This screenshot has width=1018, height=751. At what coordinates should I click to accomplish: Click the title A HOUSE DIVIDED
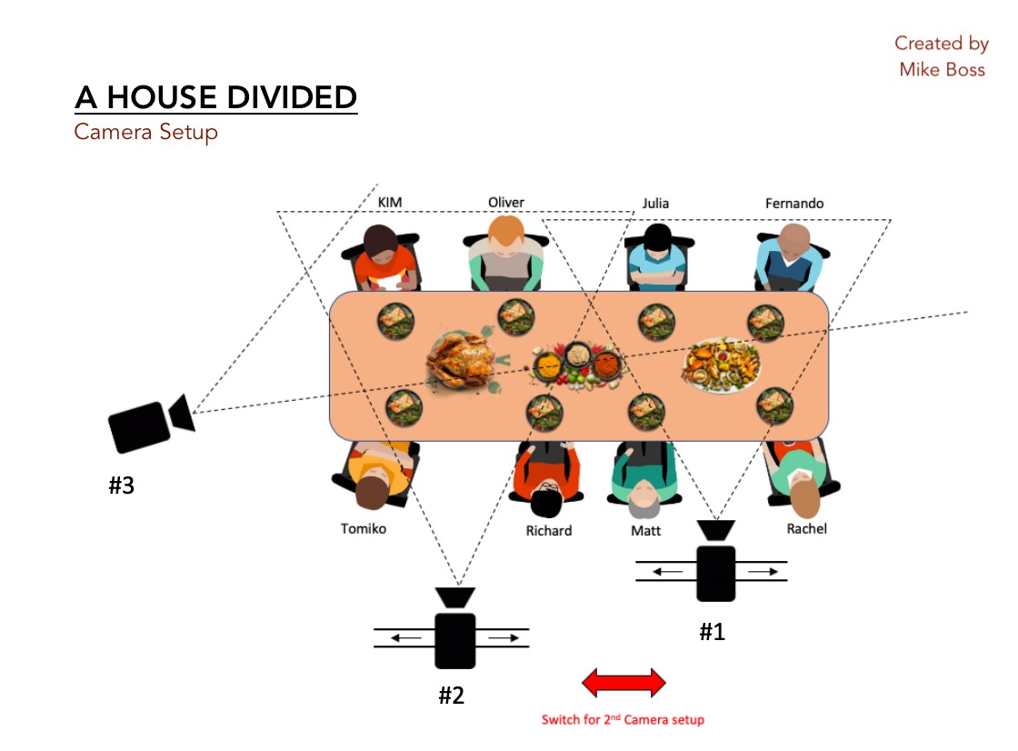[216, 97]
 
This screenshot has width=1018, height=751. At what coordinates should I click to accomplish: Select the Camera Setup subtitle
[145, 132]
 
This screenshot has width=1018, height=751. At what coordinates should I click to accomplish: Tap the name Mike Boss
[942, 69]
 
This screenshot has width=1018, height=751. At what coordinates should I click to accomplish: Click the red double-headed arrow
[624, 682]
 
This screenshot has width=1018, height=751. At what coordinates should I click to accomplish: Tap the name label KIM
[389, 204]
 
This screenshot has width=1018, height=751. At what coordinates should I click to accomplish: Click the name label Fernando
[793, 204]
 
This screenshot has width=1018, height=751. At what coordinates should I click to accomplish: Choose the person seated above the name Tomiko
[375, 473]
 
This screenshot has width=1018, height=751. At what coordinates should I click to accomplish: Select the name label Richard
[548, 530]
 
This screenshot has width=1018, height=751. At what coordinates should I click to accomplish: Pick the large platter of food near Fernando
[723, 365]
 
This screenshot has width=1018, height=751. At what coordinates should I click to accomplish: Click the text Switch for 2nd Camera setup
[623, 720]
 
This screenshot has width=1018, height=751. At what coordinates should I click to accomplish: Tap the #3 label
[122, 486]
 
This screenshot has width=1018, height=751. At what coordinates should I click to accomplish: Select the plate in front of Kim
[396, 319]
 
